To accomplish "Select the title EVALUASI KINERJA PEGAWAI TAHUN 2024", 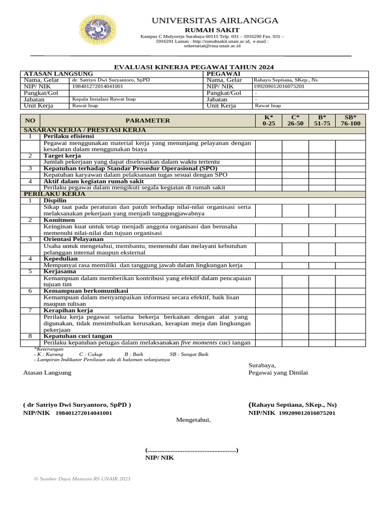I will [x=195, y=67].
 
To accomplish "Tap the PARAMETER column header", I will [x=147, y=120].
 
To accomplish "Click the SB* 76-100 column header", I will [x=350, y=120].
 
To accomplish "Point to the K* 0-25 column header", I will [x=268, y=120].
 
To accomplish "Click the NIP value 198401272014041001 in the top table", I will [x=97, y=86].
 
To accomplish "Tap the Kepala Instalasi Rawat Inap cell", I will [x=103, y=99].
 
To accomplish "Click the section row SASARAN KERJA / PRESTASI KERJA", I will [x=85, y=130].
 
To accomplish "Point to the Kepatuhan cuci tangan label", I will [x=78, y=336].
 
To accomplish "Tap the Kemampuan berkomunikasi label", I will [x=86, y=291].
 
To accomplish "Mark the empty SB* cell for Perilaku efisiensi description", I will [x=350, y=146].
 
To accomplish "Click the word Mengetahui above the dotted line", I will [x=194, y=420].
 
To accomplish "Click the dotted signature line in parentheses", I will [x=191, y=450].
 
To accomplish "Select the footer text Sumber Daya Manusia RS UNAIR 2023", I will [x=82, y=479].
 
